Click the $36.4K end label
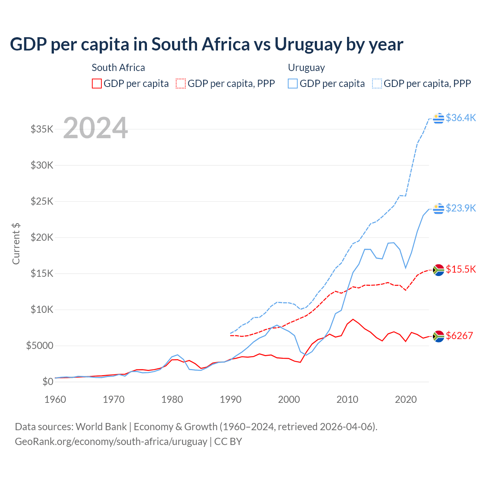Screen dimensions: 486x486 461,118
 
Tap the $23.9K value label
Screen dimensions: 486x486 461,208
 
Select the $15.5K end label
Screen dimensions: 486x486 461,269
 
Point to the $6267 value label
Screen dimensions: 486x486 459,336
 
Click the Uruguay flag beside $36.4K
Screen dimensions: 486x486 439,118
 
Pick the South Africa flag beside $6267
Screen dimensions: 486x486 439,336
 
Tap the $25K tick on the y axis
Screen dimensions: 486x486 42,201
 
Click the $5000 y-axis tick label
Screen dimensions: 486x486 39,346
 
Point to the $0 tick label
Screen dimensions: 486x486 47,382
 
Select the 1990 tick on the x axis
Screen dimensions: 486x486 230,399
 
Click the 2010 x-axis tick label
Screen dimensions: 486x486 347,399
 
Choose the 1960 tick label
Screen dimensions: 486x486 55,399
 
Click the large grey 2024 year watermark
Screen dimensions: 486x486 95,128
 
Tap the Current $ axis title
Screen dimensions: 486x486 16,243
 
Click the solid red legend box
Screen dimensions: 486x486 97,84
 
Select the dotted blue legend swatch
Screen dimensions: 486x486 377,84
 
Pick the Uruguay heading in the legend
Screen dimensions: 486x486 306,68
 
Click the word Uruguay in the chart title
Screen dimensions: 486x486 308,44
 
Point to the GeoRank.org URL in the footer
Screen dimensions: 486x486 111,442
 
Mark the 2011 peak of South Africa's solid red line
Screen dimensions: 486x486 353,319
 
